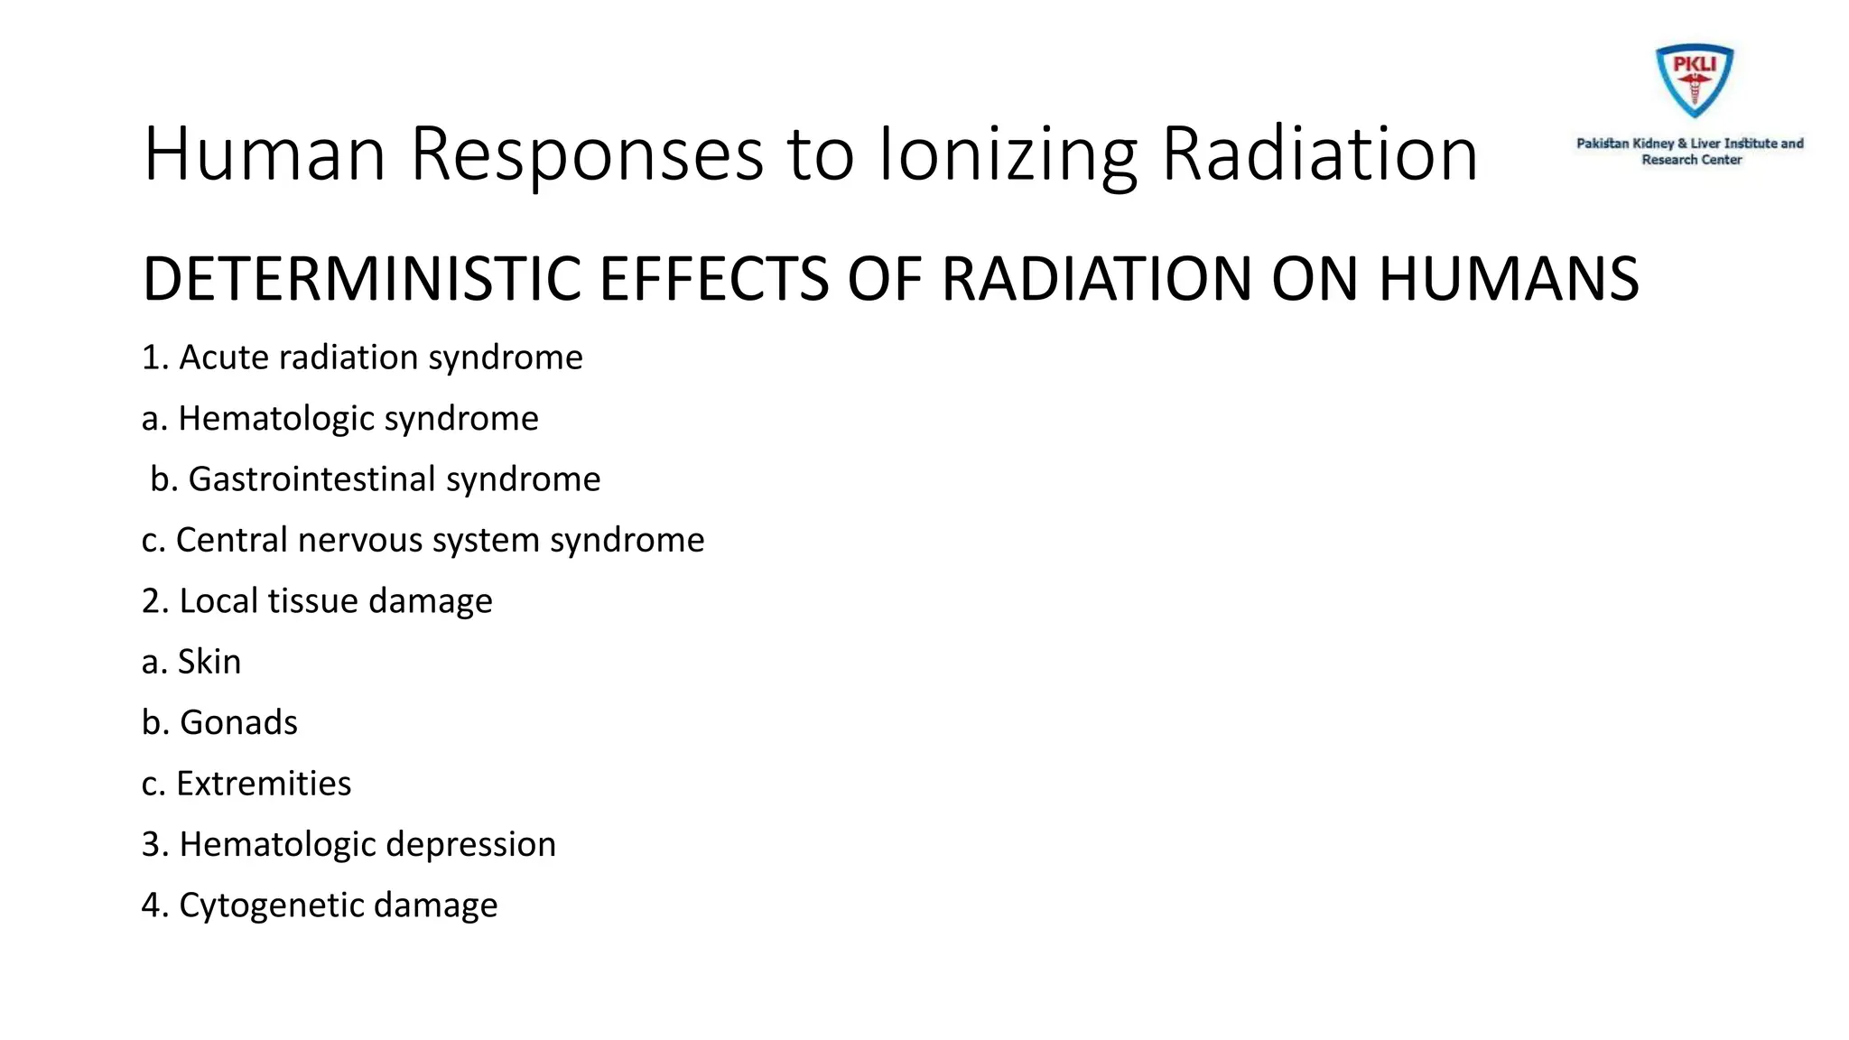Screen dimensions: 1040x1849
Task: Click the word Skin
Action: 209,662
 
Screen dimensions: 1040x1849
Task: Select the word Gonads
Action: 238,722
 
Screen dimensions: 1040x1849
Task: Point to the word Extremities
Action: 264,784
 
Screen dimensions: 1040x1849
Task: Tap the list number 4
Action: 151,905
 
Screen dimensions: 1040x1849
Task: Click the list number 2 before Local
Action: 151,601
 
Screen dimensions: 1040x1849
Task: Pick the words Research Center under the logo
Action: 1691,160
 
